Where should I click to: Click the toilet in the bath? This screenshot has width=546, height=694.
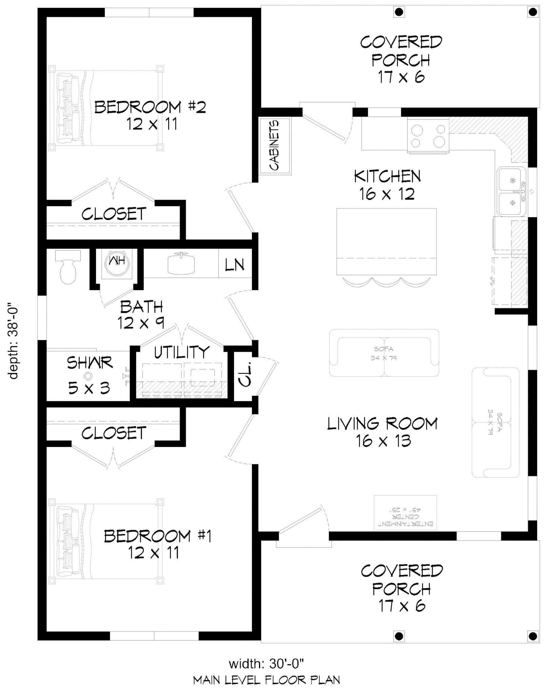coord(68,268)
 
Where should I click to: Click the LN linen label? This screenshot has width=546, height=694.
coord(235,265)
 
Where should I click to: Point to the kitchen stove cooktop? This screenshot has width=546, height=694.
coord(428,136)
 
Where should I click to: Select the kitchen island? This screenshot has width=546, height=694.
coord(386,241)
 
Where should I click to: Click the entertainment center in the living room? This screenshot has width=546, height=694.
coord(405,512)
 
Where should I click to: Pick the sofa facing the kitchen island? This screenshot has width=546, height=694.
coord(384,353)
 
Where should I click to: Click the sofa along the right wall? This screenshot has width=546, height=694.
coord(495,422)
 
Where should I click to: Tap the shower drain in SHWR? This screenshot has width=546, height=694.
coord(89,375)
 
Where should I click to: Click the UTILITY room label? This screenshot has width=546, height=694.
coord(182,352)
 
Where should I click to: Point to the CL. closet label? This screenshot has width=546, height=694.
coord(245,374)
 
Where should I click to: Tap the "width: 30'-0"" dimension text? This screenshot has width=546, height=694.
coord(266,664)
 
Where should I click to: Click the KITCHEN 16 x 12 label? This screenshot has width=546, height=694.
coord(387,185)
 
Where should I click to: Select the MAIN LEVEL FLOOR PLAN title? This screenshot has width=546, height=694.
coord(267,680)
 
